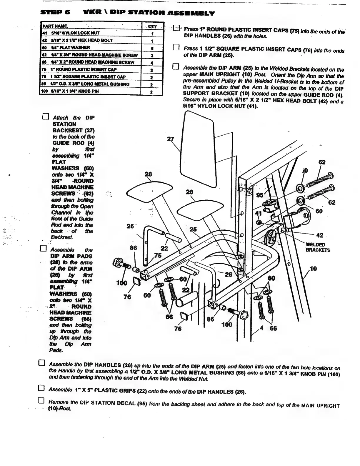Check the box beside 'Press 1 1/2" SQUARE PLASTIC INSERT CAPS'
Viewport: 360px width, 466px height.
pos(176,47)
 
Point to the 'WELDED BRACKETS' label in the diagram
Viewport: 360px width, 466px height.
pos(318,247)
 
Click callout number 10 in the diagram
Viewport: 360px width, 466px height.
pos(314,269)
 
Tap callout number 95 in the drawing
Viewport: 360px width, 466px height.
pos(260,195)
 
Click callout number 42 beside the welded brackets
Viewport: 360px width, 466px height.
pos(320,235)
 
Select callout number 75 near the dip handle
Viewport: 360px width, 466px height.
pos(158,256)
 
